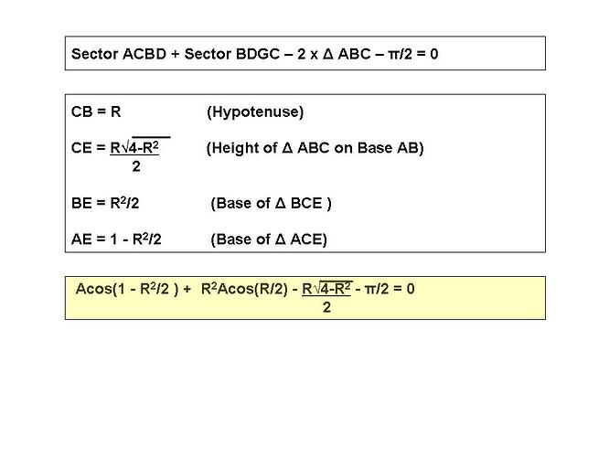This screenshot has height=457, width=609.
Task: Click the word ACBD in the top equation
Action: (144, 54)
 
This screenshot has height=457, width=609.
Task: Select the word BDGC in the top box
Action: (258, 54)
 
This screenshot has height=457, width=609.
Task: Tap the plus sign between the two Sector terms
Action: (176, 54)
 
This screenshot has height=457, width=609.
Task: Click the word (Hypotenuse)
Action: (255, 112)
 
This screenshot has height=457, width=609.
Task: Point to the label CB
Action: (81, 112)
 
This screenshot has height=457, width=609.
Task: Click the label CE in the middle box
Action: (81, 148)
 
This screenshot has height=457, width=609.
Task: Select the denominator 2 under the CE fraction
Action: (136, 166)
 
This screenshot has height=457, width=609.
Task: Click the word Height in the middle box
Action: (238, 148)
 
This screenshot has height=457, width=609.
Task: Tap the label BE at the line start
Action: (81, 203)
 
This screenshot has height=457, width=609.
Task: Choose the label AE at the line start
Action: (81, 239)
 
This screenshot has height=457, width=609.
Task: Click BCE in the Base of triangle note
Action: (306, 203)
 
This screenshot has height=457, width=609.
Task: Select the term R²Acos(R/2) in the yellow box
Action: (245, 289)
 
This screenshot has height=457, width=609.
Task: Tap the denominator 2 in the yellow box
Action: (326, 307)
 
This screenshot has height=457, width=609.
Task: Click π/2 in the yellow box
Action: (377, 289)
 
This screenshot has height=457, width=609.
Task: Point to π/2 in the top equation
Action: (400, 54)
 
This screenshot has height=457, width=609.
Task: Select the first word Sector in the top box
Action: (95, 54)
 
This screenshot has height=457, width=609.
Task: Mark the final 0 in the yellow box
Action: (411, 289)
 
